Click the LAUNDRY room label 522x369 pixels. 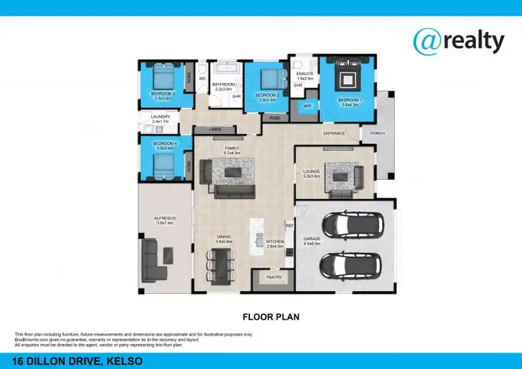(161, 117)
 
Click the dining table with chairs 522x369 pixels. (223, 267)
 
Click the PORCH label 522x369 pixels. (377, 133)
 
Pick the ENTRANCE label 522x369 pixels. (334, 133)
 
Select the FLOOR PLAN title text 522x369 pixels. (271, 317)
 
